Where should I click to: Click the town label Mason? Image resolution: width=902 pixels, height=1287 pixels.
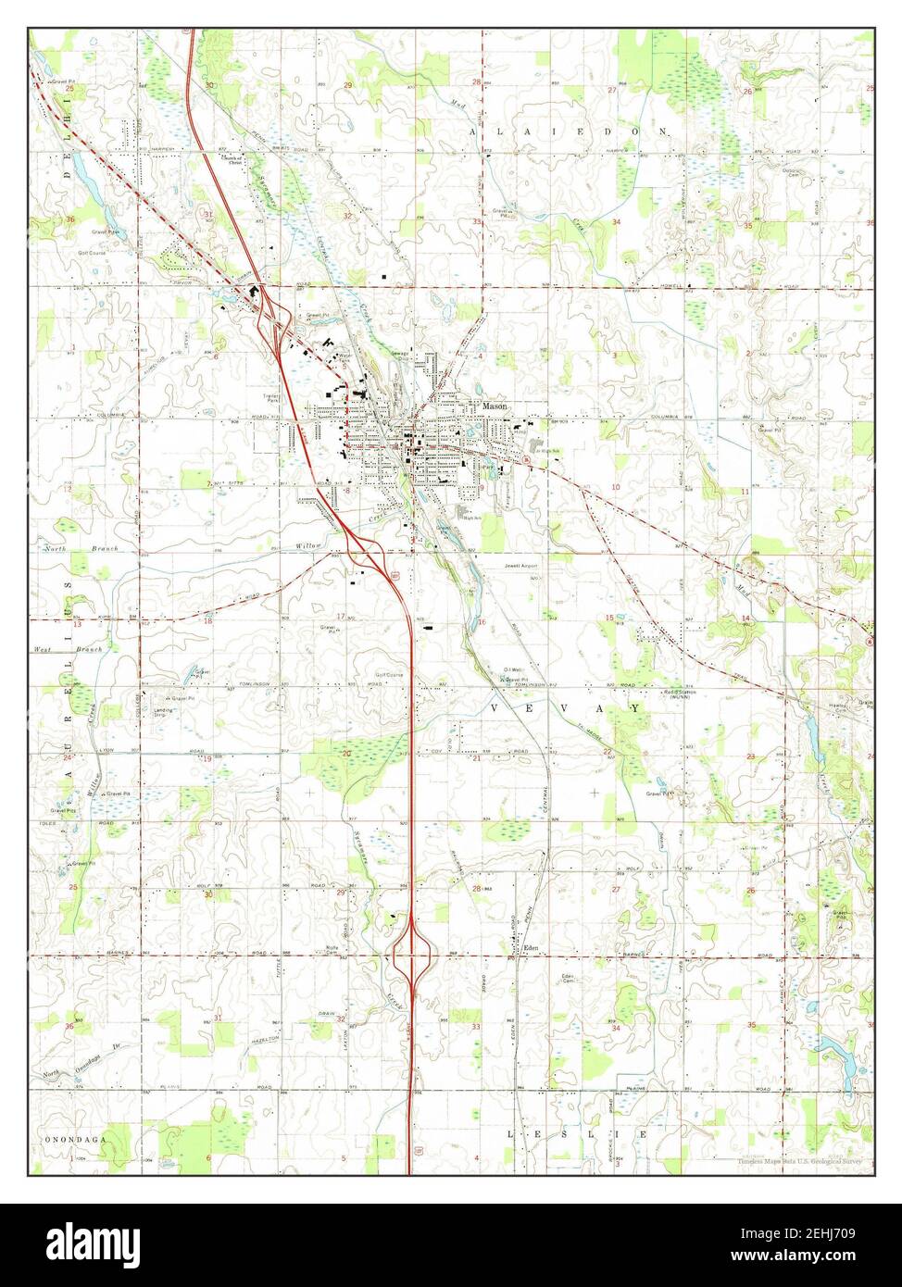[493, 406]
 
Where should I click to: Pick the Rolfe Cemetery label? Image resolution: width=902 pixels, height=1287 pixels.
[333, 950]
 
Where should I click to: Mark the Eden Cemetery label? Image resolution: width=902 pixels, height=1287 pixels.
[568, 980]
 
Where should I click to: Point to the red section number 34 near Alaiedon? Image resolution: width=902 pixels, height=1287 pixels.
[615, 223]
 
